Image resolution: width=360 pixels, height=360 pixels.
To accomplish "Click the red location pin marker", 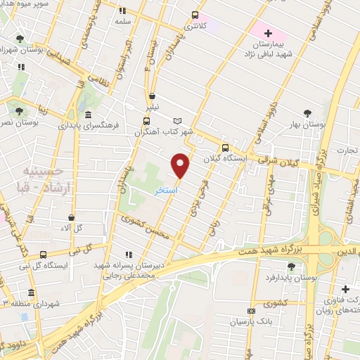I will (x=181, y=165).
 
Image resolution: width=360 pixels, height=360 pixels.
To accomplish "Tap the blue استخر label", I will (x=166, y=191).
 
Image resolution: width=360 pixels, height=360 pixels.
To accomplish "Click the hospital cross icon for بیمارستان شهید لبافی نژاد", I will (x=267, y=33).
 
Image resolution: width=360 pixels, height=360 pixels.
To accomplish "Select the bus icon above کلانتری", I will (x=195, y=15).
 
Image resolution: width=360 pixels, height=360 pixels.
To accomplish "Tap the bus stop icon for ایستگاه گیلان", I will (x=225, y=148).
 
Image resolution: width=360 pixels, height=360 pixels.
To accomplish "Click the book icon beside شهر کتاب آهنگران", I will (x=177, y=121).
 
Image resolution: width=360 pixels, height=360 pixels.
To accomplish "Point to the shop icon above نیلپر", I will (x=152, y=96).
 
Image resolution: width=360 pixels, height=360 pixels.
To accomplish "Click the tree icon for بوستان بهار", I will (x=307, y=113).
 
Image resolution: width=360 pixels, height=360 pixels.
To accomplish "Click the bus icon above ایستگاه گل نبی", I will (x=44, y=255).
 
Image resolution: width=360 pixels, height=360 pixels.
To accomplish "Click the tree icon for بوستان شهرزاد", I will (x=19, y=39).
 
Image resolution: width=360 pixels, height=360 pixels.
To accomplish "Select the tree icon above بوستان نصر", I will (x=19, y=110).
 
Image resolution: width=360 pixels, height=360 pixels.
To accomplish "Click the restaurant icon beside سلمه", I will (x=123, y=11).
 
